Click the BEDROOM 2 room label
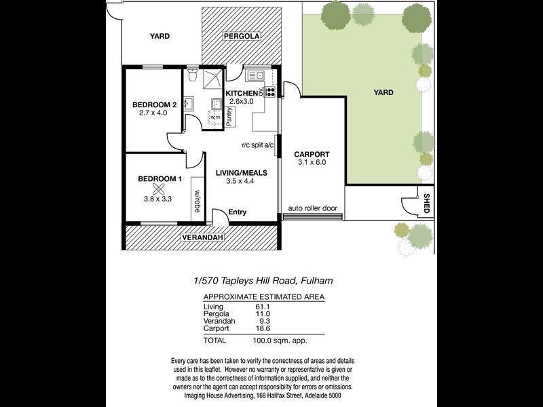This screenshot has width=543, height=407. coord(154,104)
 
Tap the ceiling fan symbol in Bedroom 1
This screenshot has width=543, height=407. coord(159,189)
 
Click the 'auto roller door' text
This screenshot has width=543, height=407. coord(312,208)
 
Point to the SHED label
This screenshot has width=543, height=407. coord(426,203)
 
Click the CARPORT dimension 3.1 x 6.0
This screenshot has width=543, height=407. coord(312,162)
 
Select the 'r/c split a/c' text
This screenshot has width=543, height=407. coord(257,144)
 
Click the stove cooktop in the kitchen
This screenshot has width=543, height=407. coord(270,92)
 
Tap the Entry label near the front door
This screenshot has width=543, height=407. coord(238,212)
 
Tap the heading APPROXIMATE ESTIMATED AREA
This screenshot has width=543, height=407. coord(264,297)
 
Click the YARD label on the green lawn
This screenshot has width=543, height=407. coord(383,92)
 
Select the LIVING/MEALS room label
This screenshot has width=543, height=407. coord(241,173)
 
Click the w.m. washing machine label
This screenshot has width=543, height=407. coord(217,117)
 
